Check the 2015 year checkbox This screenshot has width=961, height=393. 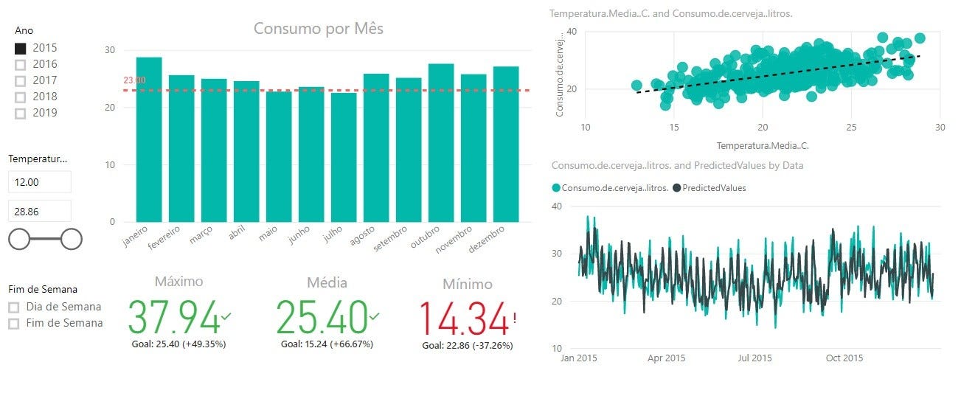click(x=21, y=49)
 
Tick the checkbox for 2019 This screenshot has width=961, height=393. click(x=21, y=114)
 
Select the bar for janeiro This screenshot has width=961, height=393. click(x=149, y=140)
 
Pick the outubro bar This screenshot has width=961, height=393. click(x=441, y=143)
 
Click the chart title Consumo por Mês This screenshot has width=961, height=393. click(x=318, y=29)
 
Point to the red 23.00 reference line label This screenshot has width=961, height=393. click(x=133, y=80)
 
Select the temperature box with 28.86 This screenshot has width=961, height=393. click(x=40, y=211)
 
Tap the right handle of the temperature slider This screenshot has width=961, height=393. click(x=72, y=239)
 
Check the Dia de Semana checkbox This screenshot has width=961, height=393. click(x=14, y=307)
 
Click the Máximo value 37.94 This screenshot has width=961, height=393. click(x=174, y=316)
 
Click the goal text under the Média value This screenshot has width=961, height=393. click(x=327, y=344)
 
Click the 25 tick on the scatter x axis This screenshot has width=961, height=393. click(x=851, y=127)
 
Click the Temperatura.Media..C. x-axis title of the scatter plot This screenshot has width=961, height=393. click(x=762, y=145)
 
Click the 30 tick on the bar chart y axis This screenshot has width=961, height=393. click(x=109, y=50)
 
